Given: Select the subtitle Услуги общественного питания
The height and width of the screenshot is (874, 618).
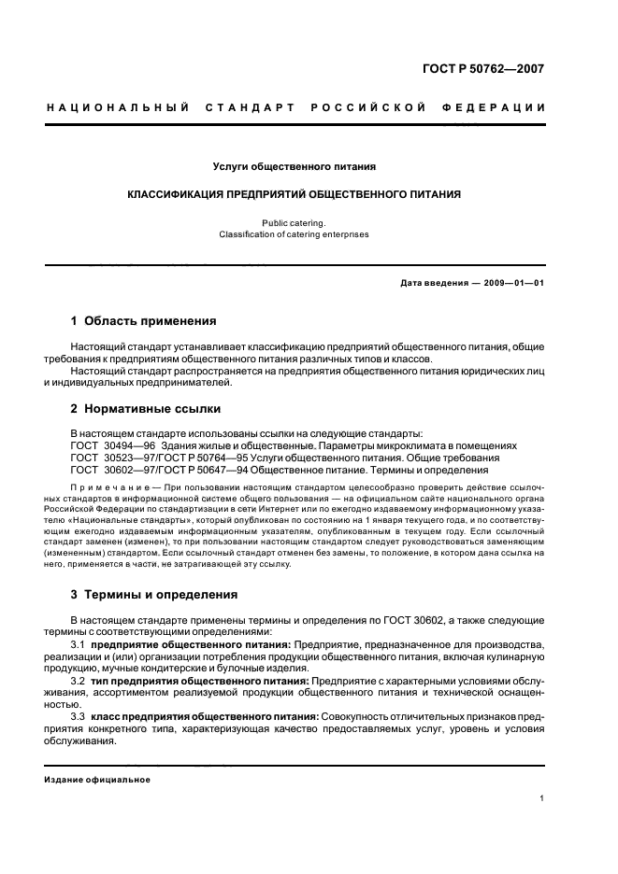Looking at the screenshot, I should point(295,167).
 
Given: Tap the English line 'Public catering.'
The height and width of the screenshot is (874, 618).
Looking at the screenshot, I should point(295,223).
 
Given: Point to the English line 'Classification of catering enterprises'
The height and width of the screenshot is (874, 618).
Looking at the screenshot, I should point(295,234).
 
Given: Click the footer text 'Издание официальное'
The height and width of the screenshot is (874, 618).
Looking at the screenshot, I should point(96,780).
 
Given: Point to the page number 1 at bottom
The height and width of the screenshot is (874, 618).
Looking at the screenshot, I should point(542,797).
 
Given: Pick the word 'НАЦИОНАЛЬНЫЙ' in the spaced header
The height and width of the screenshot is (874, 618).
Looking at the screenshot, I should point(118,108).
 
